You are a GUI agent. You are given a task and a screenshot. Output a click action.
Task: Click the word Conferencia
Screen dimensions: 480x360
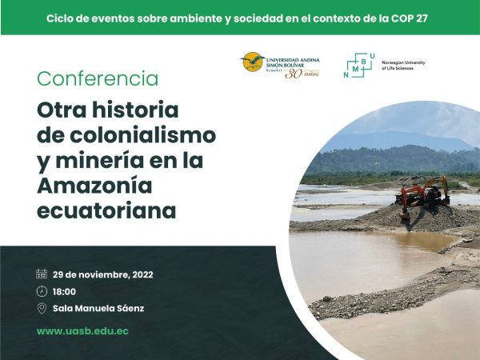pyautogui.click(x=98, y=78)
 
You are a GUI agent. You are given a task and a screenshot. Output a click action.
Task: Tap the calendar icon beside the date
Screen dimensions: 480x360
pyautogui.click(x=42, y=274)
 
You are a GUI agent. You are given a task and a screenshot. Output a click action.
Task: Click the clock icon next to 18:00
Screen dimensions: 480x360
pyautogui.click(x=42, y=291)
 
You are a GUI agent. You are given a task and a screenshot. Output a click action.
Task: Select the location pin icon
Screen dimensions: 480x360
pyautogui.click(x=42, y=308)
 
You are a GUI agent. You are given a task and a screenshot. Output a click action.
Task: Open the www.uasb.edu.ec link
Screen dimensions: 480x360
pyautogui.click(x=82, y=331)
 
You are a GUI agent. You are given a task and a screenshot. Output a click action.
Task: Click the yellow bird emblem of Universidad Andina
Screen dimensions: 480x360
pyautogui.click(x=252, y=62)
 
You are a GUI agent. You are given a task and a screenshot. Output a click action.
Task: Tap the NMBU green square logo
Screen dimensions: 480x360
pyautogui.click(x=359, y=66)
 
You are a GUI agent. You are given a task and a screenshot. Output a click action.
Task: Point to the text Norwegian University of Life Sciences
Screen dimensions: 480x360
pyautogui.click(x=403, y=66)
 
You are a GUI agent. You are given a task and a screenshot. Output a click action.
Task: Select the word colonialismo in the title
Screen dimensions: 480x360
pyautogui.click(x=142, y=135)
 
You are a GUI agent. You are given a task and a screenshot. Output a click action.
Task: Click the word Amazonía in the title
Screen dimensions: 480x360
pyautogui.click(x=94, y=186)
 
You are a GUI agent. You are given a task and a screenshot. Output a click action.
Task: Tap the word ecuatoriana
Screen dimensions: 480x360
pyautogui.click(x=106, y=210)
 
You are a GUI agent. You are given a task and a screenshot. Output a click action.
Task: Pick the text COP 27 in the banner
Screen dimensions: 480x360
pyautogui.click(x=409, y=18)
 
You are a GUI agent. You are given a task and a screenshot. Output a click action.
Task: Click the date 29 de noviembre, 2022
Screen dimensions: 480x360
pyautogui.click(x=103, y=274)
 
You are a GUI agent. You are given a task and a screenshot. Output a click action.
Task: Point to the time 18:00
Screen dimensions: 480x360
pyautogui.click(x=64, y=291)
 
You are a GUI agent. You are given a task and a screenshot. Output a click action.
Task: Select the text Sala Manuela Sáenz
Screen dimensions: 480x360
pyautogui.click(x=98, y=308)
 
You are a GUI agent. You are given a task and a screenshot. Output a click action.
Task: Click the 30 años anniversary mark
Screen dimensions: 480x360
pyautogui.click(x=302, y=74)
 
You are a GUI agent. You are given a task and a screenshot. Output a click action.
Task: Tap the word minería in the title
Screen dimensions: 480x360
pyautogui.click(x=100, y=160)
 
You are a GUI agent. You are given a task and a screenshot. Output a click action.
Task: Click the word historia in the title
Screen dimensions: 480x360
pyautogui.click(x=135, y=110)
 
